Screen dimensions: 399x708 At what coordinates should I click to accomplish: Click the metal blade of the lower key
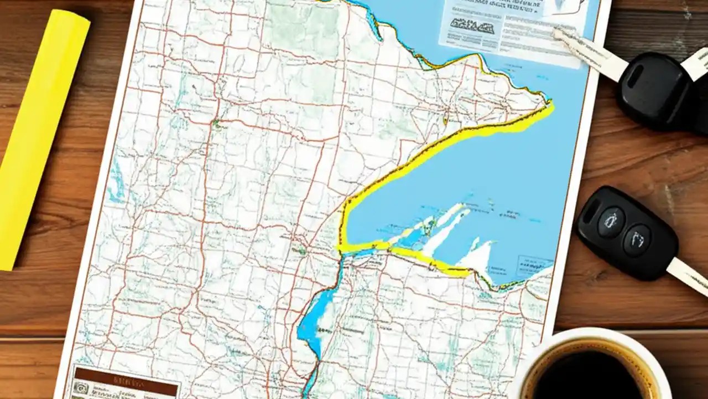click(x=689, y=274)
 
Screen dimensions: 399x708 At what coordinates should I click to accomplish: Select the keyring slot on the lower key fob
click(x=591, y=211)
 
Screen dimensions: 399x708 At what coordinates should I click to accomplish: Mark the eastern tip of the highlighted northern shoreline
click(x=550, y=105)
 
